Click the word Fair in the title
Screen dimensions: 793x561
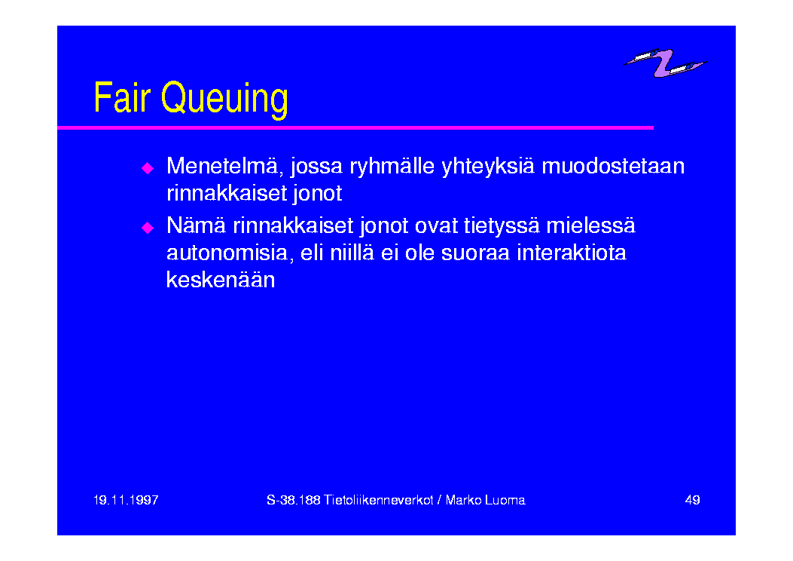coord(123,97)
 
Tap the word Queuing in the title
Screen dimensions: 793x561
coord(224,100)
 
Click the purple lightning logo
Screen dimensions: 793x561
coord(664,63)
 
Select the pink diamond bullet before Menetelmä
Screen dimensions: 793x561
coord(148,168)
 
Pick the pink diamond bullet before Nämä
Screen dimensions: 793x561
coord(148,228)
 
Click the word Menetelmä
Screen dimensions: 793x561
coord(224,166)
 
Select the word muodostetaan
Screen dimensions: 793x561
coord(613,166)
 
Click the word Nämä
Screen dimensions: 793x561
coord(197,225)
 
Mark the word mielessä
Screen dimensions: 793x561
coord(590,225)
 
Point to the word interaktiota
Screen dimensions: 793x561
coord(572,253)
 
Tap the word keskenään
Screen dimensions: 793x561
coord(221,280)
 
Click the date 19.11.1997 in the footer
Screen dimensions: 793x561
coord(126,500)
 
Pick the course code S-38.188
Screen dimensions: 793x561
coord(294,500)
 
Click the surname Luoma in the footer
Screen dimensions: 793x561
coord(505,500)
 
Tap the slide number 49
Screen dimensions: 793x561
coord(692,500)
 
